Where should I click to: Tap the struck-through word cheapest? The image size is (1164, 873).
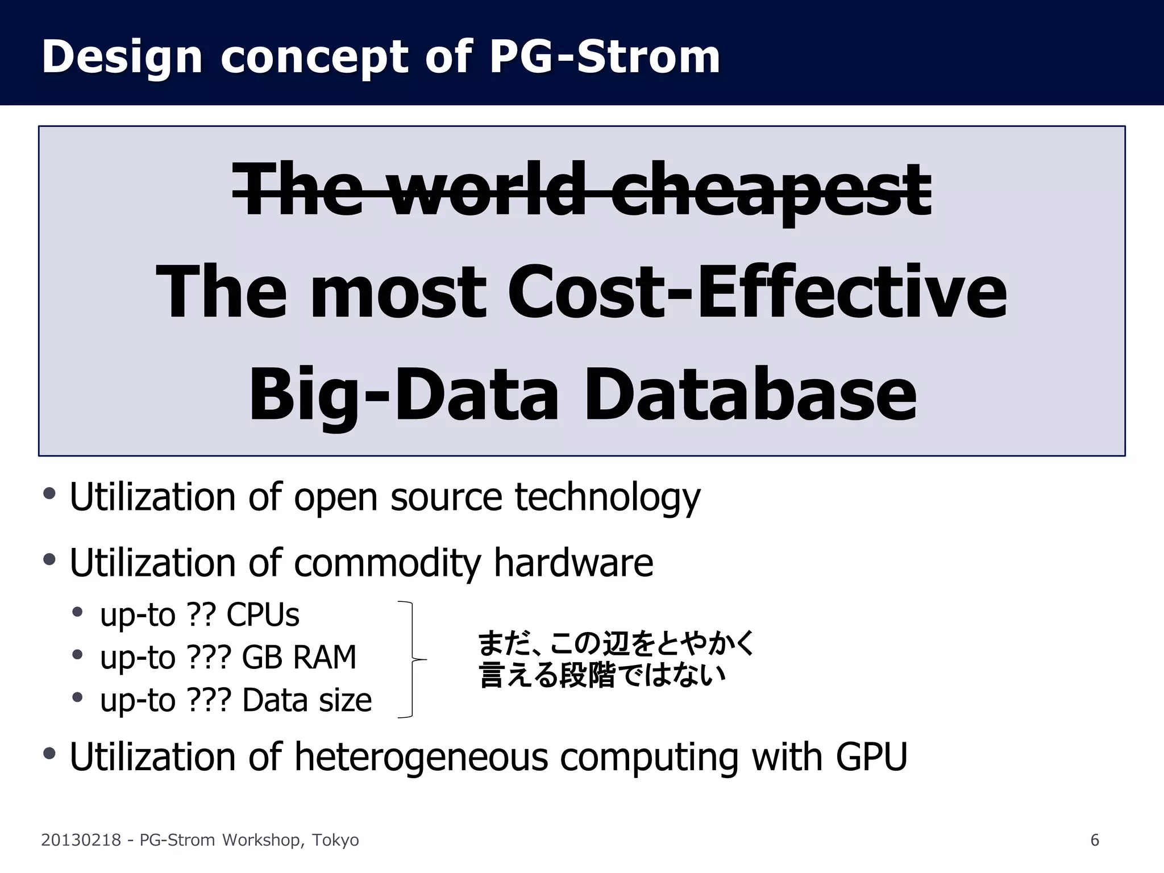770,190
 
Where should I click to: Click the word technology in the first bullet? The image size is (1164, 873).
608,497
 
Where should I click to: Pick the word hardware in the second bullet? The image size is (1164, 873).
573,563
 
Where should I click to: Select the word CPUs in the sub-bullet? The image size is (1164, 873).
263,615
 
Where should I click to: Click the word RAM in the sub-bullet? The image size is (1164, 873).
324,658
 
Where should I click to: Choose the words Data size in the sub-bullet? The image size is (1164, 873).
307,700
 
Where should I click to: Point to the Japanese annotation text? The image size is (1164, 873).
616,659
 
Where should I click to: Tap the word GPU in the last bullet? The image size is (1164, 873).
871,757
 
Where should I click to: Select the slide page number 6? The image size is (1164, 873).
1095,840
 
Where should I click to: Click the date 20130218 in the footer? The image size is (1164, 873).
81,840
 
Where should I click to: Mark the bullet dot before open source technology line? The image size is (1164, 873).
49,493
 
